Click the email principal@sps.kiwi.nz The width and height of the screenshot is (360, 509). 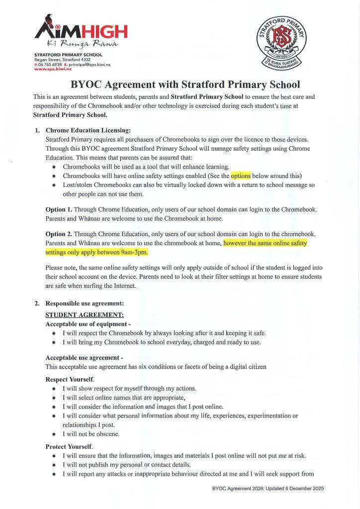pyautogui.click(x=90, y=65)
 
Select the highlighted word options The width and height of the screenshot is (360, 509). pyautogui.click(x=241, y=175)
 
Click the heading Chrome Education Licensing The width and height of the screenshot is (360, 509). pyautogui.click(x=88, y=131)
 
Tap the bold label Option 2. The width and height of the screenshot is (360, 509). pyautogui.click(x=59, y=234)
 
